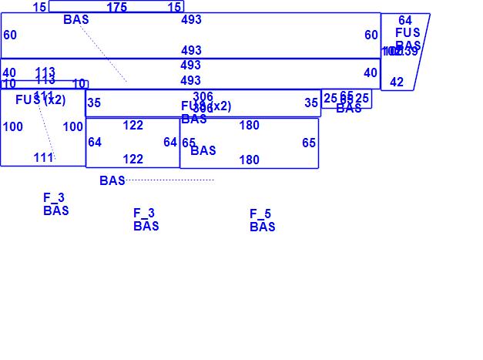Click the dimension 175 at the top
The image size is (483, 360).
click(117, 8)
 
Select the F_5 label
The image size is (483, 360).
click(260, 214)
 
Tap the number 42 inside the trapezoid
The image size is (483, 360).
click(397, 82)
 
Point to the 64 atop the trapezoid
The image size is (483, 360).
click(405, 21)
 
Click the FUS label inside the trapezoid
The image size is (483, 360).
click(408, 33)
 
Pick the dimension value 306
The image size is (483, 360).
click(203, 97)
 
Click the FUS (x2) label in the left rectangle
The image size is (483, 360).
click(41, 100)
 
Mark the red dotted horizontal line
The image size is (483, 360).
click(169, 180)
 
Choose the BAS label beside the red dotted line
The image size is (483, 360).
click(112, 181)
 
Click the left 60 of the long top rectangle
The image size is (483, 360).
click(10, 35)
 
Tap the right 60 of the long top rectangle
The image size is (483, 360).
click(371, 35)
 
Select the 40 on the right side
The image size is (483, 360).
click(371, 73)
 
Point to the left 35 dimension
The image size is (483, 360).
click(94, 103)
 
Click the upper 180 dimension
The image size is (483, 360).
click(249, 126)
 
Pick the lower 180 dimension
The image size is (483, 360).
click(249, 160)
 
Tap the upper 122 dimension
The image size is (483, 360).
click(133, 126)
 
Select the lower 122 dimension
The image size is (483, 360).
click(133, 160)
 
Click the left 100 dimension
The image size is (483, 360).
click(12, 127)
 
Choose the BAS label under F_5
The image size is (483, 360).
click(263, 227)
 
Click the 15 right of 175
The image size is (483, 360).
click(175, 8)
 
